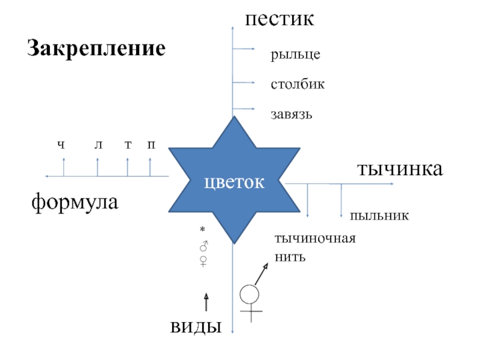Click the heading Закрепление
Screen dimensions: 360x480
[95, 48]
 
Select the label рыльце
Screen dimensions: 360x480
[295, 55]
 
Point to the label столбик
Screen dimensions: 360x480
[298, 84]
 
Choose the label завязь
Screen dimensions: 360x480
[292, 113]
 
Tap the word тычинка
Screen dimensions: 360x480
[400, 169]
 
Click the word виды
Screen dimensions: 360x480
[196, 327]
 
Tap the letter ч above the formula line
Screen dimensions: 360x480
[61, 145]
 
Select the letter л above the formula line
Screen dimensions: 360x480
[98, 145]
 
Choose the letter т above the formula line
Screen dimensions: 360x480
[127, 145]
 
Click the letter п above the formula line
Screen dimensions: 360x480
[151, 145]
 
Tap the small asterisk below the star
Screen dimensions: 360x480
[203, 230]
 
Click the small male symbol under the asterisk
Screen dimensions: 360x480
[203, 245]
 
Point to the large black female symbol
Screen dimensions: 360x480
[250, 302]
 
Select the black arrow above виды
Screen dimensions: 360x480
[206, 302]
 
